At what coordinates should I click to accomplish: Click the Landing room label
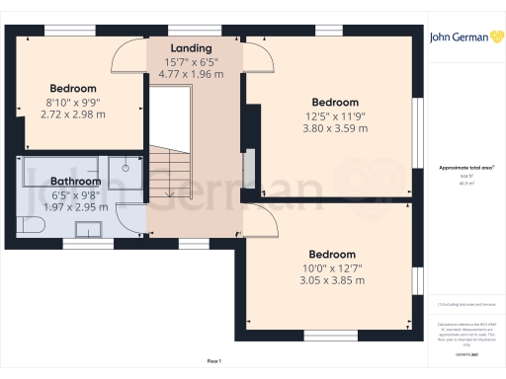[191, 48]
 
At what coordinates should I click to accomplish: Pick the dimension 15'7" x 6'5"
[191, 61]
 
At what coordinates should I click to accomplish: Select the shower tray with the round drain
[126, 170]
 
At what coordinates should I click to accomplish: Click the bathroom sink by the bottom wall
[89, 230]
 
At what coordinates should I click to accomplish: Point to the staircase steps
[170, 173]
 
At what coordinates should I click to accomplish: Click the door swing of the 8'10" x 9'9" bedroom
[128, 59]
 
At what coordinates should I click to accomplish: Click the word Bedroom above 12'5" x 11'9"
[335, 103]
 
